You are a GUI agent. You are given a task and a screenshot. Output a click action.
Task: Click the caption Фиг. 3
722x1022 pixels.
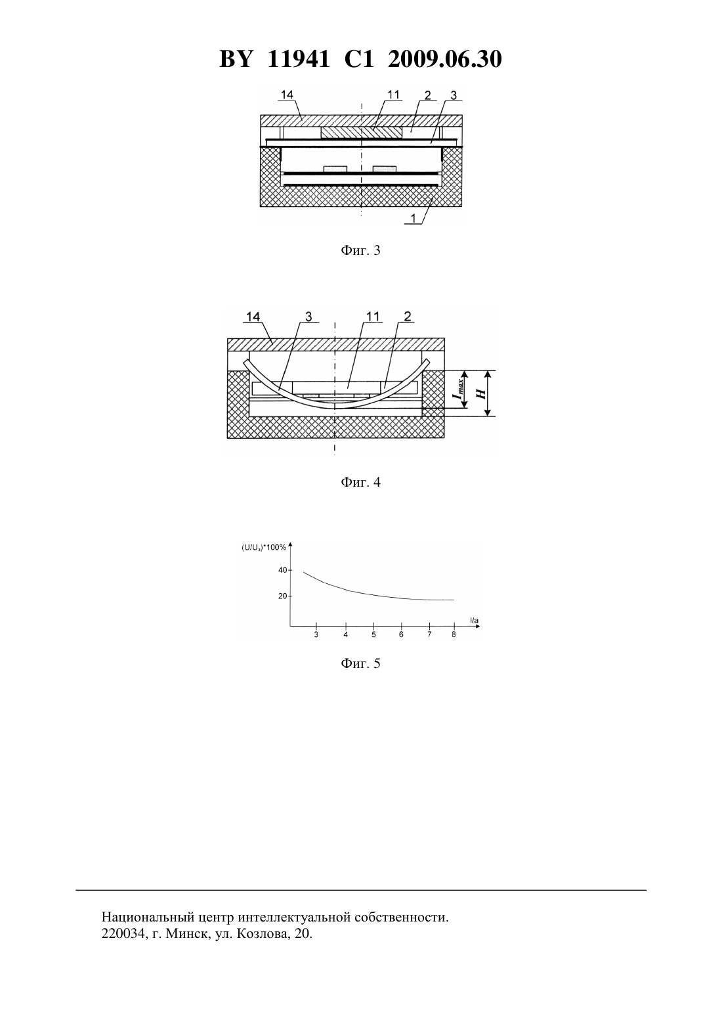(360, 250)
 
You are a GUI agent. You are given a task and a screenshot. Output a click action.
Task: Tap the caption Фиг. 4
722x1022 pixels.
(360, 482)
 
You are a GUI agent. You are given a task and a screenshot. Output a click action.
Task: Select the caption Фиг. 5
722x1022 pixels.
(360, 663)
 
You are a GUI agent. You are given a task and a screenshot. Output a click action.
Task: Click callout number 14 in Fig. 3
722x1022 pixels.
(287, 95)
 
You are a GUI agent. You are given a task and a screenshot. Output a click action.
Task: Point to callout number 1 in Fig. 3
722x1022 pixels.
(414, 219)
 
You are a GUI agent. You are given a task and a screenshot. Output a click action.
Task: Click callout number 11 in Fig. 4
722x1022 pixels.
(372, 317)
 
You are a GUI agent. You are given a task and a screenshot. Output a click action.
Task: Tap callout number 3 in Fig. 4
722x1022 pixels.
(308, 317)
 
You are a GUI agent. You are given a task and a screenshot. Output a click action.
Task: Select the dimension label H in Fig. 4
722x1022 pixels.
(480, 392)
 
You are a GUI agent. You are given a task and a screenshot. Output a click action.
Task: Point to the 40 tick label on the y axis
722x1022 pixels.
(283, 570)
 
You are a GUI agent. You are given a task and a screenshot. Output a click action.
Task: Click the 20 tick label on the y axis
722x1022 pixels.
(283, 596)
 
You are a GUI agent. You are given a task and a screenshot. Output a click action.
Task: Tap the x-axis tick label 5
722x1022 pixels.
(373, 634)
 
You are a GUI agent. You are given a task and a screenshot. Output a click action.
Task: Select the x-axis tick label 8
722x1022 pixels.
(454, 634)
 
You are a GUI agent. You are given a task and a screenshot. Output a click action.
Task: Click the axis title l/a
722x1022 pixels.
(475, 621)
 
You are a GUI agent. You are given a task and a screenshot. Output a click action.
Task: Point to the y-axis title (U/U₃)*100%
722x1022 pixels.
(263, 548)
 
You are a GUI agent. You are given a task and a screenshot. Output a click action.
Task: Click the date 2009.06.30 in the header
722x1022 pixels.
(445, 59)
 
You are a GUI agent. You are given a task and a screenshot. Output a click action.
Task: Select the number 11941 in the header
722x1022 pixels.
(298, 59)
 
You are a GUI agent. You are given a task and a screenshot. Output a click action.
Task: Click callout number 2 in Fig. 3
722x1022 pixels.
(427, 95)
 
